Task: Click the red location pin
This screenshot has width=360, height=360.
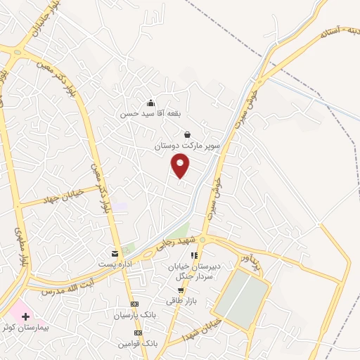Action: point(181,166)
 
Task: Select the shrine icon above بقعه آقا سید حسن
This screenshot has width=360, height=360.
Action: point(150,103)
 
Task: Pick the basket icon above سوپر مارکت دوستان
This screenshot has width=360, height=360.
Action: point(187,134)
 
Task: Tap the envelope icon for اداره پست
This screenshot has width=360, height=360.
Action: point(115,253)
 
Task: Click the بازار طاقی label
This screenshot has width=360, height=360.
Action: point(179,300)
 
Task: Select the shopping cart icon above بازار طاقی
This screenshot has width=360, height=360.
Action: point(181,290)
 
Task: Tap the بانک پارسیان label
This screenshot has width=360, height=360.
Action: point(134,315)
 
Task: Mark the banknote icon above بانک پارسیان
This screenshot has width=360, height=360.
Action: point(135,304)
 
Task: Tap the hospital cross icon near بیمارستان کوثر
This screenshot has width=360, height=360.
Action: point(26,317)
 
